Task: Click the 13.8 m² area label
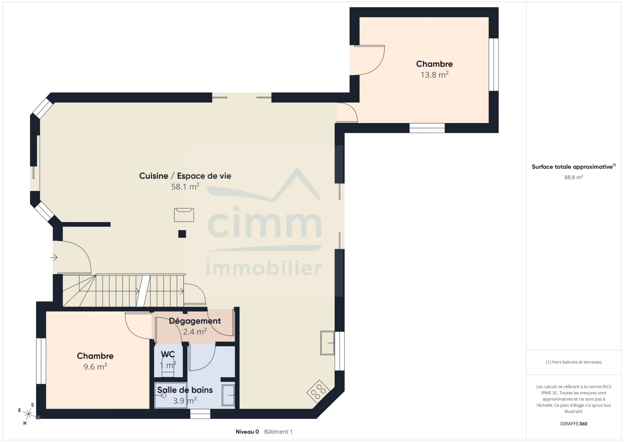(x=435, y=75)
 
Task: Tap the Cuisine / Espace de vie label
(x=185, y=176)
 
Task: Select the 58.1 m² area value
(x=185, y=186)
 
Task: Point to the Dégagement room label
(x=195, y=321)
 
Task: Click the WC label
(x=168, y=354)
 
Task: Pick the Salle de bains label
(x=185, y=390)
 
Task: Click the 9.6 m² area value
(x=95, y=366)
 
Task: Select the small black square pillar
(x=182, y=234)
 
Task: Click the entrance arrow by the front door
(x=54, y=257)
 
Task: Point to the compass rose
(x=29, y=414)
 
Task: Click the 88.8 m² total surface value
(x=574, y=177)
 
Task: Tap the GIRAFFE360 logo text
(x=574, y=424)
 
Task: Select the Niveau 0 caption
(x=247, y=432)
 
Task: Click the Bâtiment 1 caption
(x=278, y=432)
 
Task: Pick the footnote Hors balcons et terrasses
(x=574, y=362)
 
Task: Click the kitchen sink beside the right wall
(x=327, y=343)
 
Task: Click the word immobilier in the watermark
(x=264, y=268)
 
